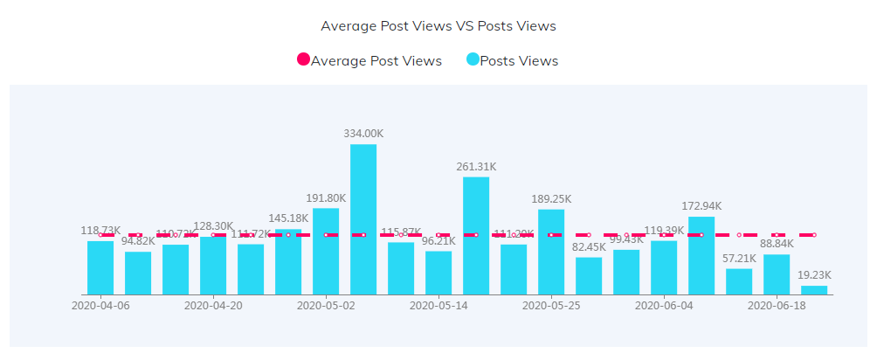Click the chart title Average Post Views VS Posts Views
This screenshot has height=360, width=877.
pyautogui.click(x=438, y=26)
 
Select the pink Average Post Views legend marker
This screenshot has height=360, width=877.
pyautogui.click(x=303, y=60)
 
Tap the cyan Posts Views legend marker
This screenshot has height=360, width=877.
pyautogui.click(x=473, y=60)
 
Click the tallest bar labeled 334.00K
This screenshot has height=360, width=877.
pyautogui.click(x=363, y=218)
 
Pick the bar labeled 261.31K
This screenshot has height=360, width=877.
pyautogui.click(x=476, y=235)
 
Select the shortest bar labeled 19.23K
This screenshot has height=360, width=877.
pyautogui.click(x=814, y=290)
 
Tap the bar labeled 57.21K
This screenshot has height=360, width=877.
pyautogui.click(x=739, y=281)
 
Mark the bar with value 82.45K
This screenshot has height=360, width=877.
pyautogui.click(x=589, y=275)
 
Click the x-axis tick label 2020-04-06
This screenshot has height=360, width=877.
pyautogui.click(x=100, y=306)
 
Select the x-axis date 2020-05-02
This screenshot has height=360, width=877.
pyautogui.click(x=326, y=306)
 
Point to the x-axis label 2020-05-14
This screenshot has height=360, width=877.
pyautogui.click(x=438, y=306)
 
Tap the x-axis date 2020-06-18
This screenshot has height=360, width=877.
pyautogui.click(x=777, y=306)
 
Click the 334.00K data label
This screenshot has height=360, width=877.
pyautogui.click(x=363, y=134)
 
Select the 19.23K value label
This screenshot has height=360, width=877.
pyautogui.click(x=814, y=274)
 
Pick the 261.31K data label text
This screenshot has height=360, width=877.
pyautogui.click(x=476, y=166)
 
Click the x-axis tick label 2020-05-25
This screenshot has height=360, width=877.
pyautogui.click(x=551, y=306)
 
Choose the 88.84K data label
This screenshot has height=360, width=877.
pyautogui.click(x=777, y=243)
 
